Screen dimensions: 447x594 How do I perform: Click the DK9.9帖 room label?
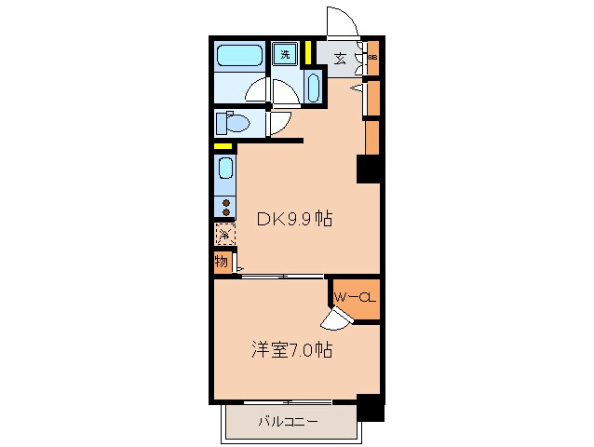tap(295, 221)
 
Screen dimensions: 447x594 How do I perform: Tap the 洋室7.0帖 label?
tap(291, 351)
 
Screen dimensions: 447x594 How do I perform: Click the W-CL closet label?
tap(355, 298)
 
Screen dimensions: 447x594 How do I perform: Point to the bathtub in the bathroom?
tap(240, 58)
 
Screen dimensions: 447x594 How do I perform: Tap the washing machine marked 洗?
tap(286, 53)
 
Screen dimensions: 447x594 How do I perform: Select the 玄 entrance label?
tap(341, 59)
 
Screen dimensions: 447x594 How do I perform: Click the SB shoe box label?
tap(372, 59)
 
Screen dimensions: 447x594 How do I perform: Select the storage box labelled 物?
tap(222, 262)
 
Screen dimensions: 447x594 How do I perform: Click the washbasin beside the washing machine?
tap(312, 88)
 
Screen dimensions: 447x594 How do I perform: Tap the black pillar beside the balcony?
tap(370, 407)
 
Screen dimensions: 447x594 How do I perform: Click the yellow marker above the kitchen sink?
tap(223, 146)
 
